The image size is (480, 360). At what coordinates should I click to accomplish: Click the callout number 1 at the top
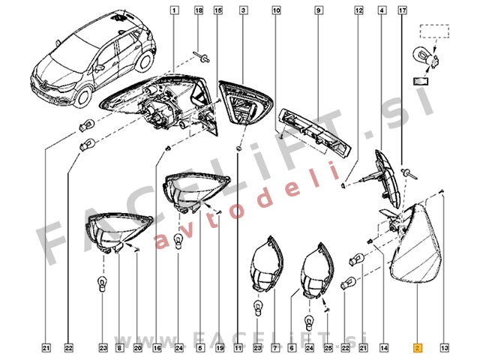click(x=174, y=10)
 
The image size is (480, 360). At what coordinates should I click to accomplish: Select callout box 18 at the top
click(x=199, y=10)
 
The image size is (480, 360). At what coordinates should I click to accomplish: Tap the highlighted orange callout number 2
click(x=418, y=348)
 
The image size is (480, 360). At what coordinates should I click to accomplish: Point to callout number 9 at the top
click(x=318, y=10)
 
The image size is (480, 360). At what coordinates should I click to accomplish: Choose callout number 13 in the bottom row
click(x=445, y=348)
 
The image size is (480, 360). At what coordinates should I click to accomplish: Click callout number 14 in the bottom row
click(x=384, y=348)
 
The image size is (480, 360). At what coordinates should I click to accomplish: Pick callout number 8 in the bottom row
click(x=119, y=348)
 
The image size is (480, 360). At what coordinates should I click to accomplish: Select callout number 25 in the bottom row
click(x=328, y=348)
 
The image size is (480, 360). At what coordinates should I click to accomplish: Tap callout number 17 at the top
click(x=402, y=10)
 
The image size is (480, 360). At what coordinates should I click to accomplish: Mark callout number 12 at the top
click(x=358, y=10)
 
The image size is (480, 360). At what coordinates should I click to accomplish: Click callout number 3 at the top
click(x=243, y=10)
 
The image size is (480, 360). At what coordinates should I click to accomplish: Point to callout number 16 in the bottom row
click(x=157, y=348)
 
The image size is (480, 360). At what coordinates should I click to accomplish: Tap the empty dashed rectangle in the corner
click(x=434, y=31)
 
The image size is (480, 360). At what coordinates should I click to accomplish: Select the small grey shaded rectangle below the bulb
click(x=421, y=81)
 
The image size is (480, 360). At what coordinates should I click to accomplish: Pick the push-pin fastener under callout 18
click(x=202, y=57)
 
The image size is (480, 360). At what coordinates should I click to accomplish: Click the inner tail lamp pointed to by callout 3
click(x=246, y=103)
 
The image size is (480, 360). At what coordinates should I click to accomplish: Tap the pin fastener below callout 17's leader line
click(x=408, y=173)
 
